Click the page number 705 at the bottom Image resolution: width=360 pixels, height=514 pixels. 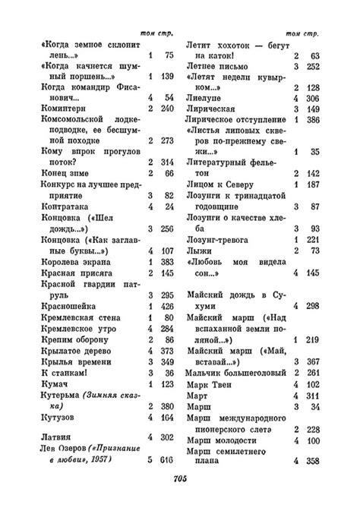180,479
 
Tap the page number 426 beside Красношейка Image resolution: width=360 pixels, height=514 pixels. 168,306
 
